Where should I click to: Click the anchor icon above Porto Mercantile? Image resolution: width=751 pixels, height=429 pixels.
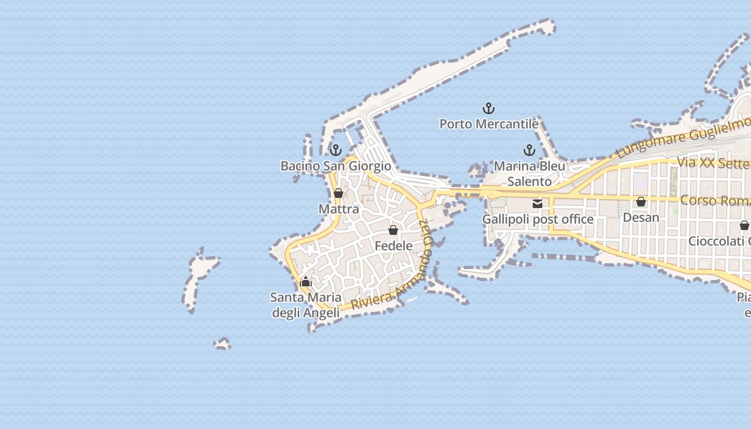click(488, 109)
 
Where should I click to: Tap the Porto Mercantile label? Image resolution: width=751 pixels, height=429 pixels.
click(489, 124)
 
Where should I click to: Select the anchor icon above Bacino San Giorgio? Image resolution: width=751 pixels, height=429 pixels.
click(336, 150)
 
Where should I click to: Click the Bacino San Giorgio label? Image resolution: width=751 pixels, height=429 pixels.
click(336, 166)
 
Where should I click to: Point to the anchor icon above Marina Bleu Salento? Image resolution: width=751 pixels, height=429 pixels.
click(529, 150)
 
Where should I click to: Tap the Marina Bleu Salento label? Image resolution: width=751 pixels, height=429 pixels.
click(529, 174)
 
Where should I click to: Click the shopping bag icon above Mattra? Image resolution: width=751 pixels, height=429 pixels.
click(338, 193)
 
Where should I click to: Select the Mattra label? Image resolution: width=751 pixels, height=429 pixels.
click(338, 209)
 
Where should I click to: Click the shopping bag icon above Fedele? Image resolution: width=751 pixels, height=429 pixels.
click(393, 230)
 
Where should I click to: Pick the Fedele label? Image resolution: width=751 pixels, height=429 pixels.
click(393, 246)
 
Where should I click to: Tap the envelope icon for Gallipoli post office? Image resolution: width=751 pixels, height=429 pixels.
click(538, 204)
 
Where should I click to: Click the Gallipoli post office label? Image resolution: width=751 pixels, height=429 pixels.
click(538, 219)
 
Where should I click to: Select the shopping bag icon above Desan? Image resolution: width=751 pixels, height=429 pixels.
click(641, 202)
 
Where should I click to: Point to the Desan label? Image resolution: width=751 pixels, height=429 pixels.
click(641, 217)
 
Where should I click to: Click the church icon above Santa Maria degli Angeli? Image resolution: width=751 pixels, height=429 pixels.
click(306, 282)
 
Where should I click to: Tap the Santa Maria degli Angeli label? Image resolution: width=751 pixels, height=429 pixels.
click(306, 305)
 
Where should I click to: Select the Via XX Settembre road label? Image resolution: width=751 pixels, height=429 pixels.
click(713, 162)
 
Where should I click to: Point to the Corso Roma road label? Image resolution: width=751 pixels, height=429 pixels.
click(715, 201)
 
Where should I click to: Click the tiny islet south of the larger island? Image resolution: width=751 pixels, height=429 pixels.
click(222, 343)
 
